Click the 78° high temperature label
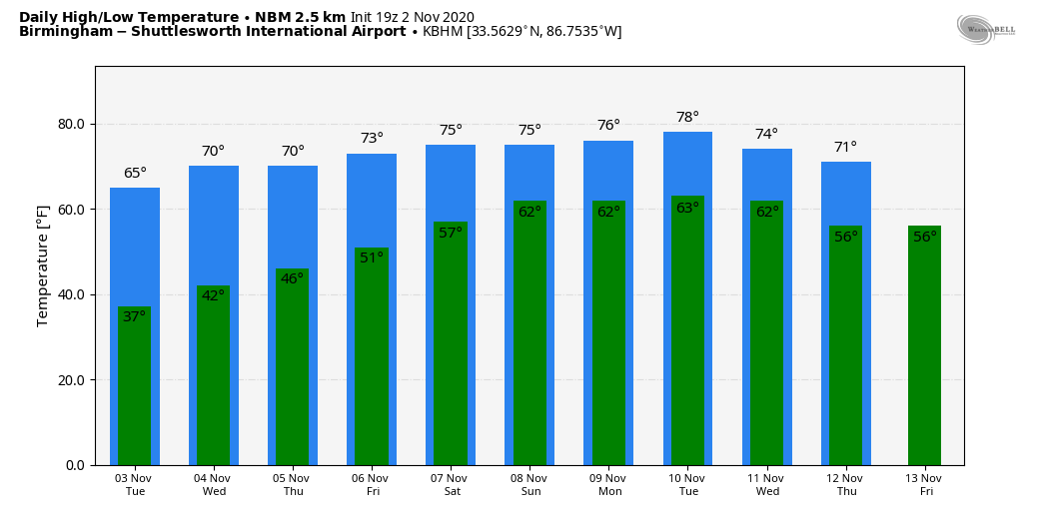[x=687, y=118]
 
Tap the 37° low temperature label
[x=135, y=316]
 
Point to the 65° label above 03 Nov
[x=135, y=174]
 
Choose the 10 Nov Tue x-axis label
[x=687, y=485]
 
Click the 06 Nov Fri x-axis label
[x=372, y=485]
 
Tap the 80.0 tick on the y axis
[x=70, y=125]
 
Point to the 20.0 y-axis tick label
[x=70, y=380]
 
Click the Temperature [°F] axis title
[x=43, y=265]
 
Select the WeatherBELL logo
[x=985, y=29]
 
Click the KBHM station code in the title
[x=443, y=32]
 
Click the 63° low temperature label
[x=687, y=209]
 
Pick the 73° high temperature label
[x=372, y=139]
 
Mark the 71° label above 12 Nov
[x=845, y=148]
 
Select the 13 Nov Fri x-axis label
[x=924, y=485]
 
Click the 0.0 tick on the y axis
[x=74, y=465]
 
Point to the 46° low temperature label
[x=292, y=279]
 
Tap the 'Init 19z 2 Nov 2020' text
[x=412, y=17]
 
